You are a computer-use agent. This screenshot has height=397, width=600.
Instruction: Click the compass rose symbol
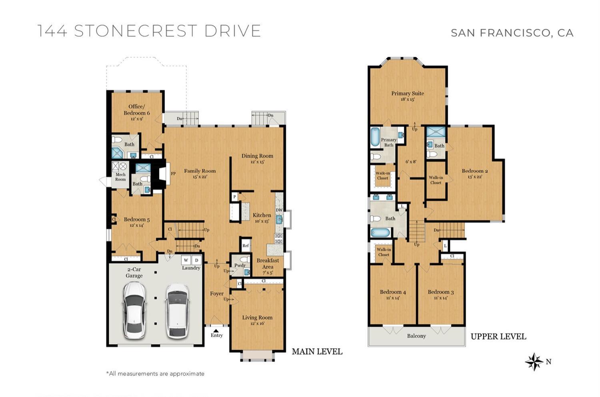[x=534, y=361]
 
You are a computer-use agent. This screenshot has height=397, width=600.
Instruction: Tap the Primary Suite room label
[x=407, y=94]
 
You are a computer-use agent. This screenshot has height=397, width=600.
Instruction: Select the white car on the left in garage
[x=134, y=310]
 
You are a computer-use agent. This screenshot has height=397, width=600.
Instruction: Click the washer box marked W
[x=186, y=260]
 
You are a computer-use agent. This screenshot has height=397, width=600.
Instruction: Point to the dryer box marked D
[x=196, y=260]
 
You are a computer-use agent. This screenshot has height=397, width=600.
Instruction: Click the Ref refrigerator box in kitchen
[x=246, y=246]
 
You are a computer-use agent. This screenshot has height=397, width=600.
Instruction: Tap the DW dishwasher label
[x=279, y=210]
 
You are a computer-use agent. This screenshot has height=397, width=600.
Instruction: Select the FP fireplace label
[x=173, y=174]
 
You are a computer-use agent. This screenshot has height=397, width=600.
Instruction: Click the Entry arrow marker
[x=216, y=330]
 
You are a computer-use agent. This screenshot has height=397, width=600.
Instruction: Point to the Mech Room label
[x=120, y=177]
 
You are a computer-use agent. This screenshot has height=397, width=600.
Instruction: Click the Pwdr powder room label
[x=240, y=265]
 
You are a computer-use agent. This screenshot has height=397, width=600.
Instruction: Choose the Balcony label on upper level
[x=416, y=336]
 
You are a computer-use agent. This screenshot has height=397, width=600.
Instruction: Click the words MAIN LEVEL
[x=317, y=351]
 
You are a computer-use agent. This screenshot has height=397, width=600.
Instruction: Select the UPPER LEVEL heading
[x=498, y=337]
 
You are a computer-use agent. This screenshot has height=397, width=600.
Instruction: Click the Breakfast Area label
[x=268, y=263]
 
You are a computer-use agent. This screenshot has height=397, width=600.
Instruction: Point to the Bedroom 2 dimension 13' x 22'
[x=474, y=177]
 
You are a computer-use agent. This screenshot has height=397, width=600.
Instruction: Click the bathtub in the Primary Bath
[x=375, y=137]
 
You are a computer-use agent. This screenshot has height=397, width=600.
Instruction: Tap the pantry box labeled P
[x=234, y=196]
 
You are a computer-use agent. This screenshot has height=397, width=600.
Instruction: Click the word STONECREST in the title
[x=136, y=31]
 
